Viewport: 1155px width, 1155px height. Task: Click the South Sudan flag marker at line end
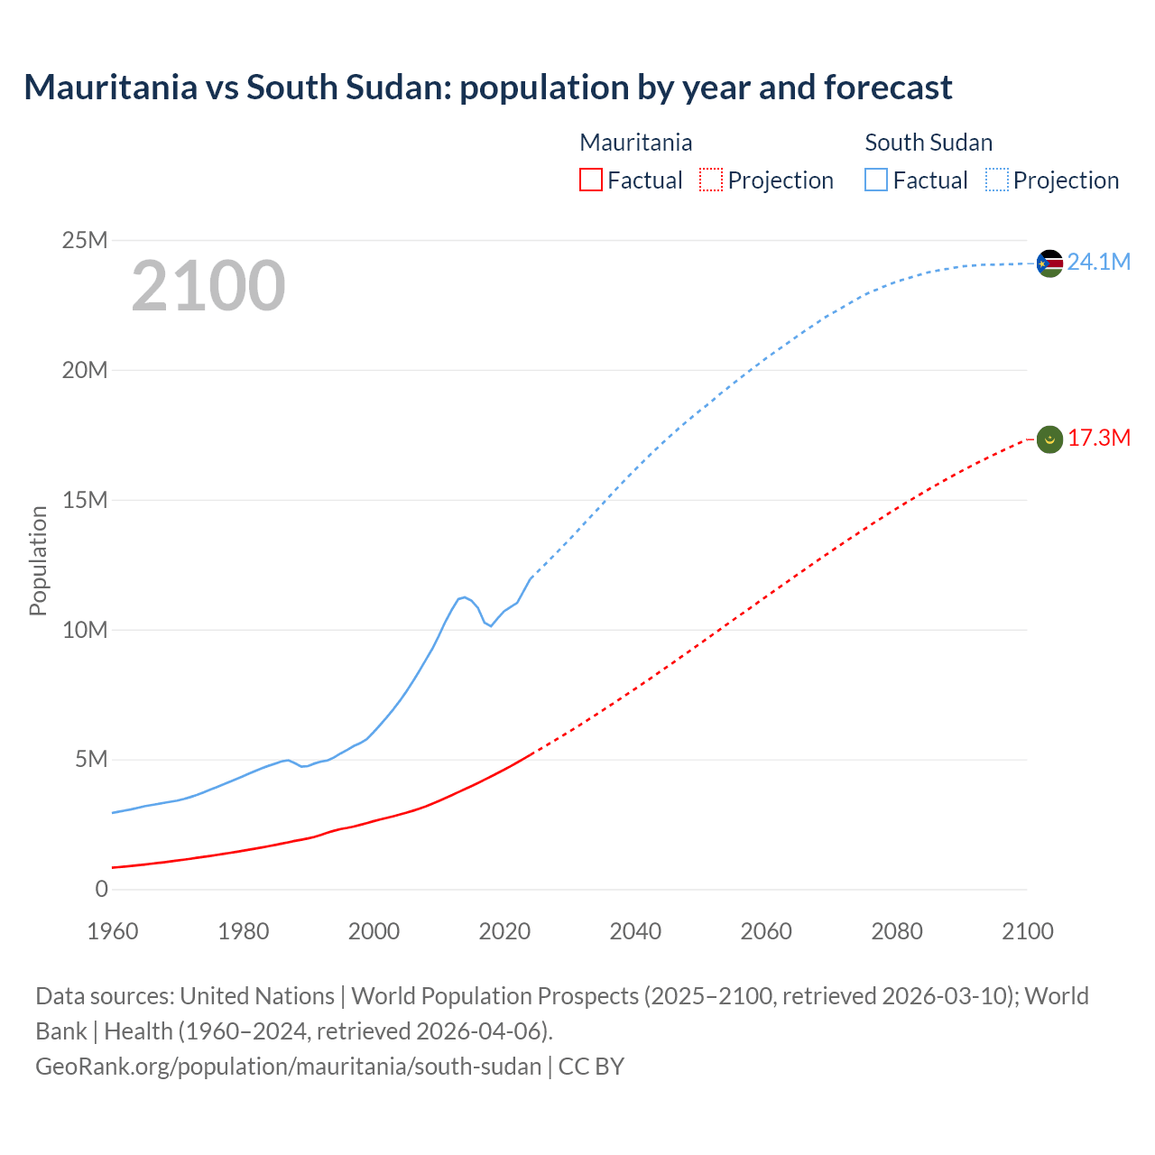click(x=1049, y=263)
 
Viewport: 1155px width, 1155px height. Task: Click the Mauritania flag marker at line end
click(x=1049, y=439)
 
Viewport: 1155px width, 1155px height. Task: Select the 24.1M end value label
click(x=1098, y=263)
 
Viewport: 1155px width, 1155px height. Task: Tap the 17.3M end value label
click(x=1098, y=439)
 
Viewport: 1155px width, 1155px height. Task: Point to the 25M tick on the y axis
click(x=85, y=240)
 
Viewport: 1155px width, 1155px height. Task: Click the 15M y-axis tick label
click(x=85, y=500)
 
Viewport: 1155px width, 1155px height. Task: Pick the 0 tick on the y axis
click(x=101, y=890)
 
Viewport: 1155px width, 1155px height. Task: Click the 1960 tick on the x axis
click(x=113, y=931)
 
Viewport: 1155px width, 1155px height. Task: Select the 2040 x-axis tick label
click(x=635, y=931)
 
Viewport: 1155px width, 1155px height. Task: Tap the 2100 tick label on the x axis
click(x=1027, y=931)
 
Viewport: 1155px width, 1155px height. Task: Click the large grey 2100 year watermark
click(x=208, y=286)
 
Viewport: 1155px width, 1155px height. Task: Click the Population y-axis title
click(x=38, y=560)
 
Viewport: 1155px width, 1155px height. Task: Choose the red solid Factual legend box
click(x=591, y=180)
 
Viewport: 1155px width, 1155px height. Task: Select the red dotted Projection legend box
click(x=711, y=180)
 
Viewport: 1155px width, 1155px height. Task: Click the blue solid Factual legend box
click(x=876, y=180)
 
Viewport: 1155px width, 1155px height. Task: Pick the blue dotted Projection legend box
click(x=997, y=180)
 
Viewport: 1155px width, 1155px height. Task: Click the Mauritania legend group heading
click(x=636, y=143)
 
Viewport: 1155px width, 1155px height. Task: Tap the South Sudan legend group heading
click(x=929, y=143)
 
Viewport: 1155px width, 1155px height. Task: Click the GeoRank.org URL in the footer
click(x=288, y=1067)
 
